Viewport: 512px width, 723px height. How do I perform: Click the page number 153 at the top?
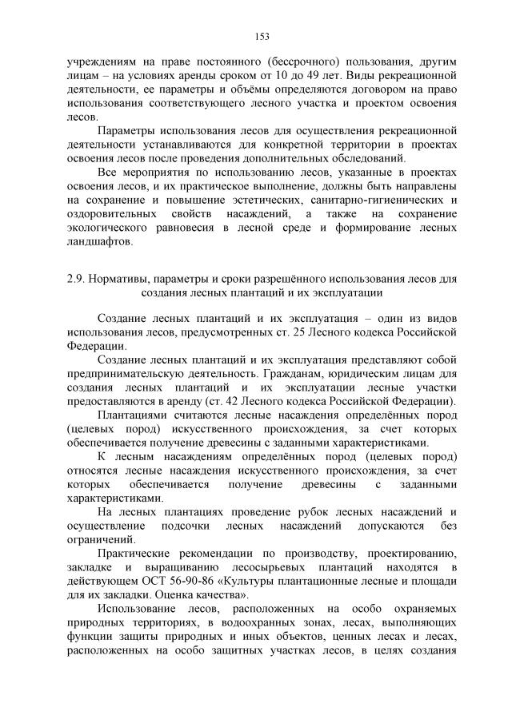(x=261, y=35)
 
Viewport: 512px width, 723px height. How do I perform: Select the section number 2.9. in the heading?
(x=77, y=280)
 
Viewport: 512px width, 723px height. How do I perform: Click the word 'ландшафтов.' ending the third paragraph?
(x=99, y=241)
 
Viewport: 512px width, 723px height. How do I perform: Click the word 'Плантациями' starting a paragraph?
(x=132, y=415)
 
